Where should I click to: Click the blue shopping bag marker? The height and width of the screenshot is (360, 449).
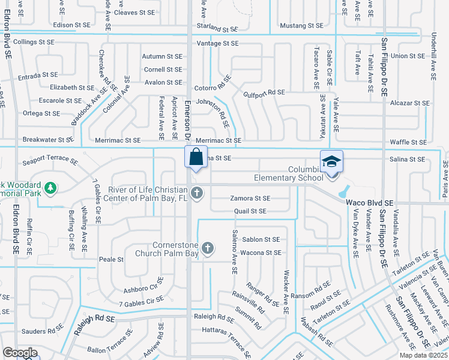pyautogui.click(x=196, y=158)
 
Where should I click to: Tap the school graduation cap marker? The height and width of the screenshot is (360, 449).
pyautogui.click(x=331, y=162)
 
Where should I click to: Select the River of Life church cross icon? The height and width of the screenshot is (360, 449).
pyautogui.click(x=196, y=193)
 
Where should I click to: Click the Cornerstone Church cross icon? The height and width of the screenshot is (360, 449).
pyautogui.click(x=207, y=248)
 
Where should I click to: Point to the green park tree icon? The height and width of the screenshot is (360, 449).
pyautogui.click(x=52, y=188)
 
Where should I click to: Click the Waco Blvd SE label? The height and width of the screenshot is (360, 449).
pyautogui.click(x=370, y=203)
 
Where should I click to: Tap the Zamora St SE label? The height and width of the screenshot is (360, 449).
pyautogui.click(x=250, y=198)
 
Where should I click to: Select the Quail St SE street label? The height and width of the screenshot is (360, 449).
pyautogui.click(x=250, y=211)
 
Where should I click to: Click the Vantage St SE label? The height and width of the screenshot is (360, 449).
pyautogui.click(x=218, y=43)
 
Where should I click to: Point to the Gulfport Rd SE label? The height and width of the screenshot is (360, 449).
pyautogui.click(x=264, y=92)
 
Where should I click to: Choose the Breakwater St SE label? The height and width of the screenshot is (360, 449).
pyautogui.click(x=48, y=140)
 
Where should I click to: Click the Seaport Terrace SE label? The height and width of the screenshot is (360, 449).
pyautogui.click(x=50, y=161)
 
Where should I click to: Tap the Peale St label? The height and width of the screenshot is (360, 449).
pyautogui.click(x=111, y=260)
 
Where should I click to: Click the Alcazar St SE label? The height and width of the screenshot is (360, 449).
pyautogui.click(x=409, y=103)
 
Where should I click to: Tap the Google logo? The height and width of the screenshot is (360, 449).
pyautogui.click(x=20, y=353)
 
